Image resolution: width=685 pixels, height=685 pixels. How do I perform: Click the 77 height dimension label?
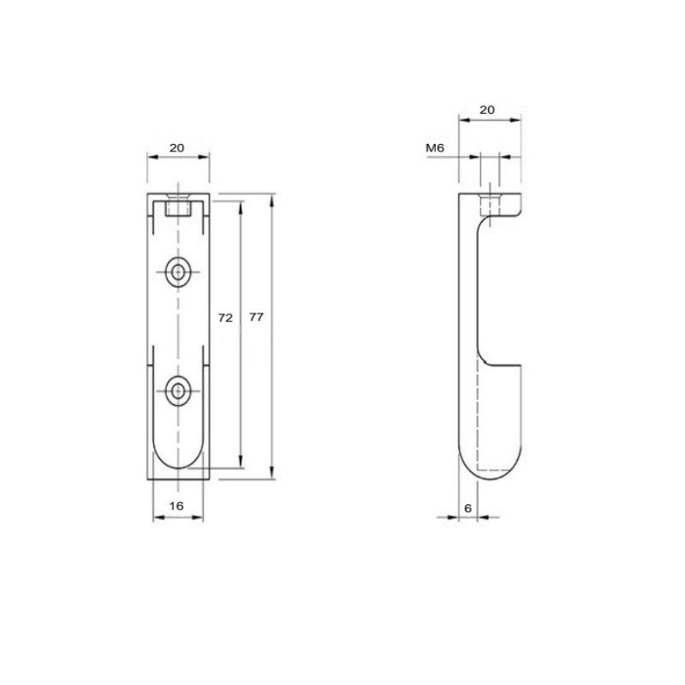tap(256, 317)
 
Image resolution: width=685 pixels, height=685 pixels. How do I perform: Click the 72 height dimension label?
tap(225, 318)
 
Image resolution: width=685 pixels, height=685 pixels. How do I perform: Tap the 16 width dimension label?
tap(176, 506)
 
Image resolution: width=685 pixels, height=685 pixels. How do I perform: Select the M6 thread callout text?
tap(435, 147)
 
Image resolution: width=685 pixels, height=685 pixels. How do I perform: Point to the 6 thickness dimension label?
tap(468, 508)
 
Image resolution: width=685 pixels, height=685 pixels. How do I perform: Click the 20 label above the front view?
tap(176, 147)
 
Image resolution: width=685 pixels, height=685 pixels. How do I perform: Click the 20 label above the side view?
tap(487, 110)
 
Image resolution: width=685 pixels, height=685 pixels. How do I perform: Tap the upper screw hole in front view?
tap(178, 272)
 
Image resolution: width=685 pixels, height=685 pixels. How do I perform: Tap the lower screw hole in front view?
tap(178, 390)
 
